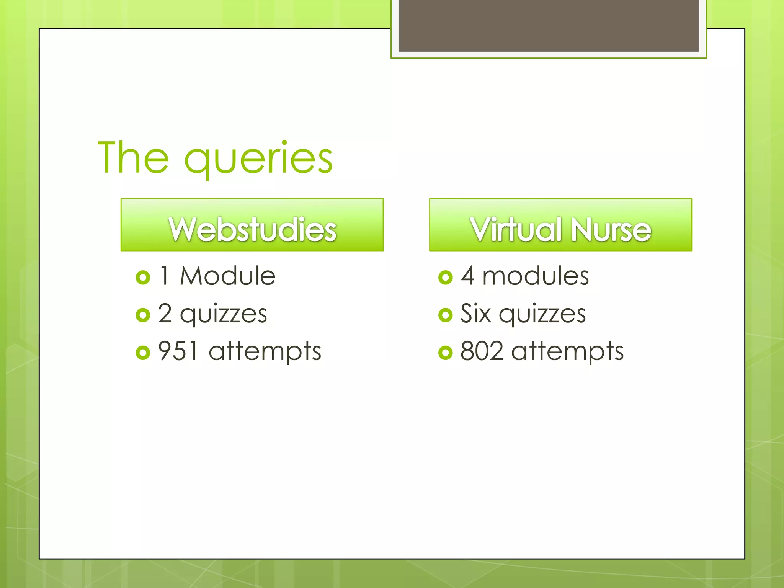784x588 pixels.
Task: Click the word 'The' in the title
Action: tap(133, 157)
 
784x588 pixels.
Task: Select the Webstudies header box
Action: tap(252, 225)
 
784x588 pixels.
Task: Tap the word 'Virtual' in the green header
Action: tap(516, 229)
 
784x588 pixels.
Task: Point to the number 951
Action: tap(178, 351)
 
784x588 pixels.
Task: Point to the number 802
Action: tap(481, 351)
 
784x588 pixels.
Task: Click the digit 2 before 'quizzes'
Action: tap(165, 313)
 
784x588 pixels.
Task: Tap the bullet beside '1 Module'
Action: tap(143, 277)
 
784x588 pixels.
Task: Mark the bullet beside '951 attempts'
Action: tap(143, 352)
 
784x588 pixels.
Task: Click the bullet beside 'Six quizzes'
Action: tap(445, 315)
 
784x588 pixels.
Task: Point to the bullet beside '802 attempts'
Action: tap(445, 352)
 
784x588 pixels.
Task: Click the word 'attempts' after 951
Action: tap(265, 351)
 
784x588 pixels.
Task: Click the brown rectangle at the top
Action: tap(549, 25)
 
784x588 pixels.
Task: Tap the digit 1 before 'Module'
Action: tap(165, 276)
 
